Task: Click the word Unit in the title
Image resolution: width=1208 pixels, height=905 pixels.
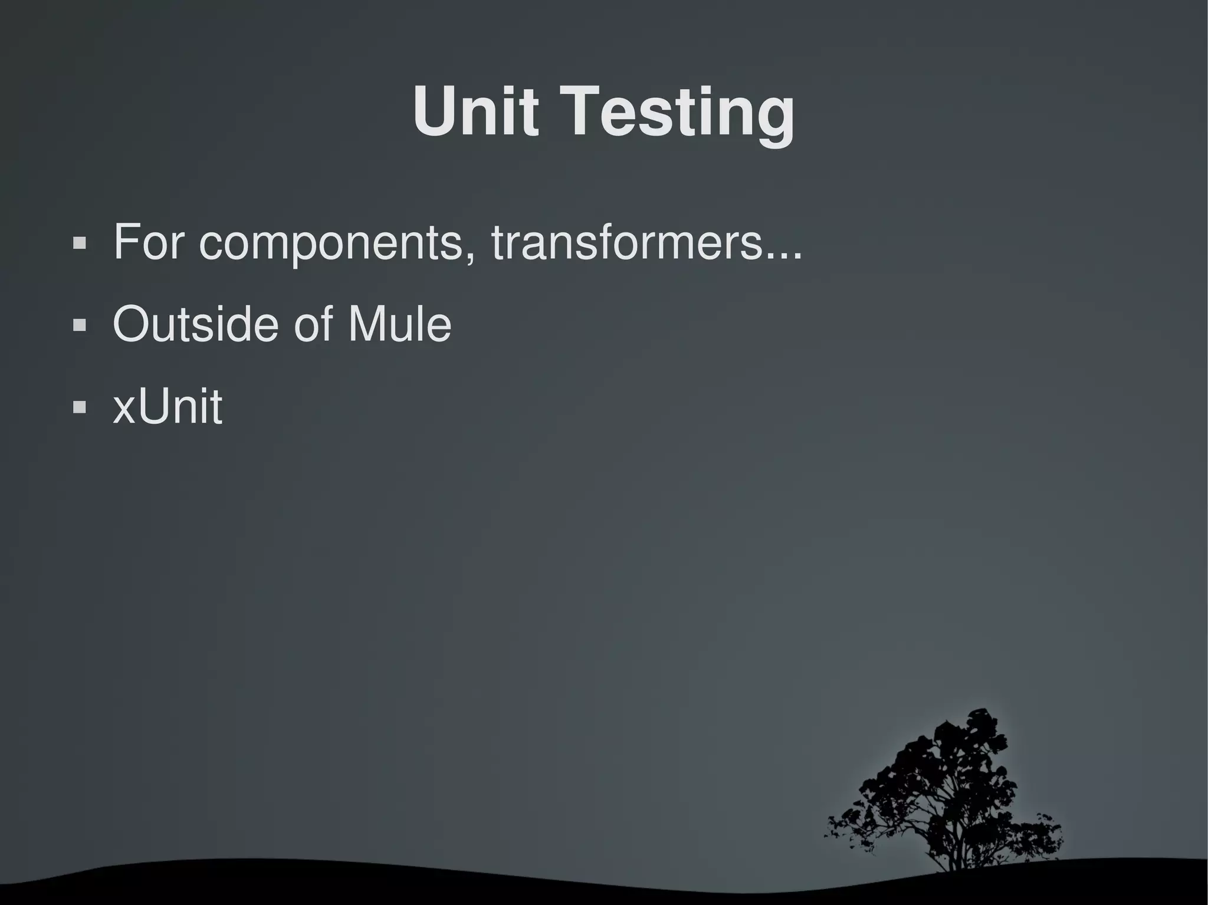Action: click(475, 111)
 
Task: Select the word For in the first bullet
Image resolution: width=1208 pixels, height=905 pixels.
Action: click(148, 241)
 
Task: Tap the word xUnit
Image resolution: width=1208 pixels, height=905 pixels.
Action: click(168, 406)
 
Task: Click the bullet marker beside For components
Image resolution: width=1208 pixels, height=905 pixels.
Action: click(79, 243)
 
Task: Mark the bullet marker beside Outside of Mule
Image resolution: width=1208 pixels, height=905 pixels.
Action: click(79, 325)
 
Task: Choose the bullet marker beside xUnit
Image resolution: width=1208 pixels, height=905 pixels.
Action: click(79, 407)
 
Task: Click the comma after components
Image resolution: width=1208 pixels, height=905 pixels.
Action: click(470, 257)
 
